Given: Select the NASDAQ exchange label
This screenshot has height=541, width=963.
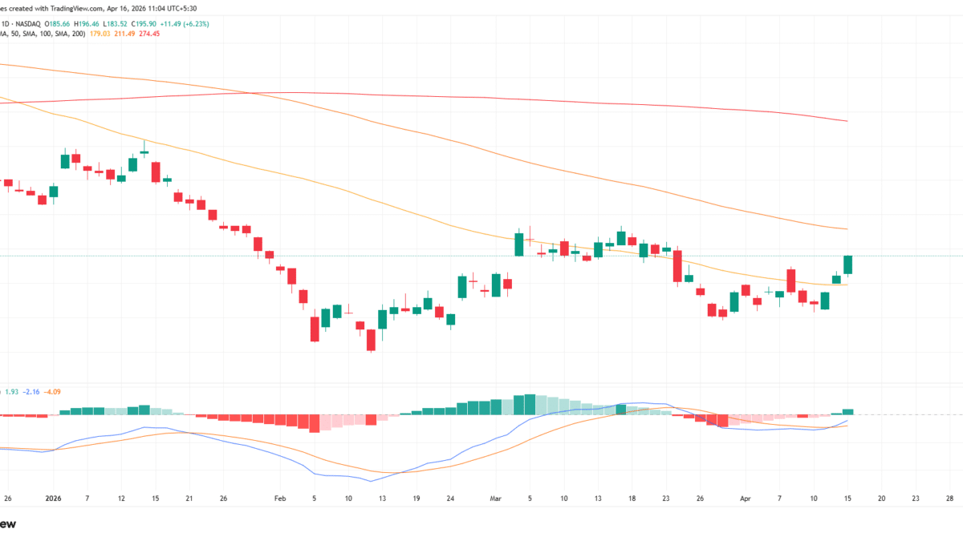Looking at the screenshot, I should click(42, 23).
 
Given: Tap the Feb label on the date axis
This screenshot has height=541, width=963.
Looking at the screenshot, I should click(280, 498).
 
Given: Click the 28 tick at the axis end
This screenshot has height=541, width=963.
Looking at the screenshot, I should click(949, 498).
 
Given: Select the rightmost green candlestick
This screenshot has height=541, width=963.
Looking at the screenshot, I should click(847, 264).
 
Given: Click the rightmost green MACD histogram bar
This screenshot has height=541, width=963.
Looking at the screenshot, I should click(847, 411).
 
